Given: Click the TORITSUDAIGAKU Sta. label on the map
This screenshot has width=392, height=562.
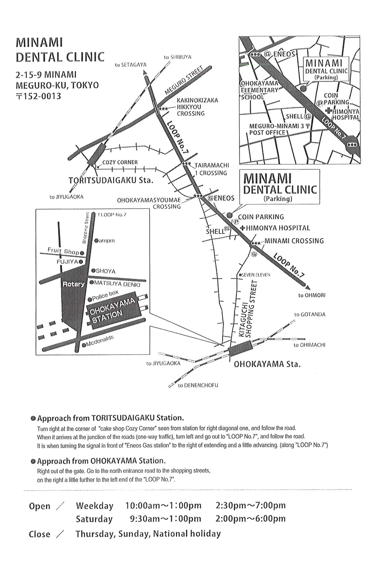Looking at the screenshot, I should (111, 180).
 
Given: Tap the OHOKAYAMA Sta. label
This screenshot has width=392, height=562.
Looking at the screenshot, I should (267, 364).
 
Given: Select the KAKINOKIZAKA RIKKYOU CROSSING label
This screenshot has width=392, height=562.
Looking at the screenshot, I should (197, 107).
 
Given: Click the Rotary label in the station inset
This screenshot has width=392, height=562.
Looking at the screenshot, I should (73, 284).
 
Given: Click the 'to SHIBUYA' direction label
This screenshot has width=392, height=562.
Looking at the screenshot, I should (178, 57).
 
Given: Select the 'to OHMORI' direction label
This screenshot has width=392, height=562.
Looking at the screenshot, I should (312, 295).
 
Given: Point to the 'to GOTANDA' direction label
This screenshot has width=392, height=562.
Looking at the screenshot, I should (310, 315).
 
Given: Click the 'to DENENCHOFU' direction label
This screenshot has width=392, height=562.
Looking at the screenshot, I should (198, 385).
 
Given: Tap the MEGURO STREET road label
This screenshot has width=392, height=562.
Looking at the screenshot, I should (183, 81).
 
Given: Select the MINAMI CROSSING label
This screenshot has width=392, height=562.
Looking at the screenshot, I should (294, 241).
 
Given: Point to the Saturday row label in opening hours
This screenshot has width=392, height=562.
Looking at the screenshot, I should (94, 519).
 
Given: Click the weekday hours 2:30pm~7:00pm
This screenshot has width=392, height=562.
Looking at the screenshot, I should (250, 506).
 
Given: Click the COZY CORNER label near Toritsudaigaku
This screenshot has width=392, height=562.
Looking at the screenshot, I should (120, 162).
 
